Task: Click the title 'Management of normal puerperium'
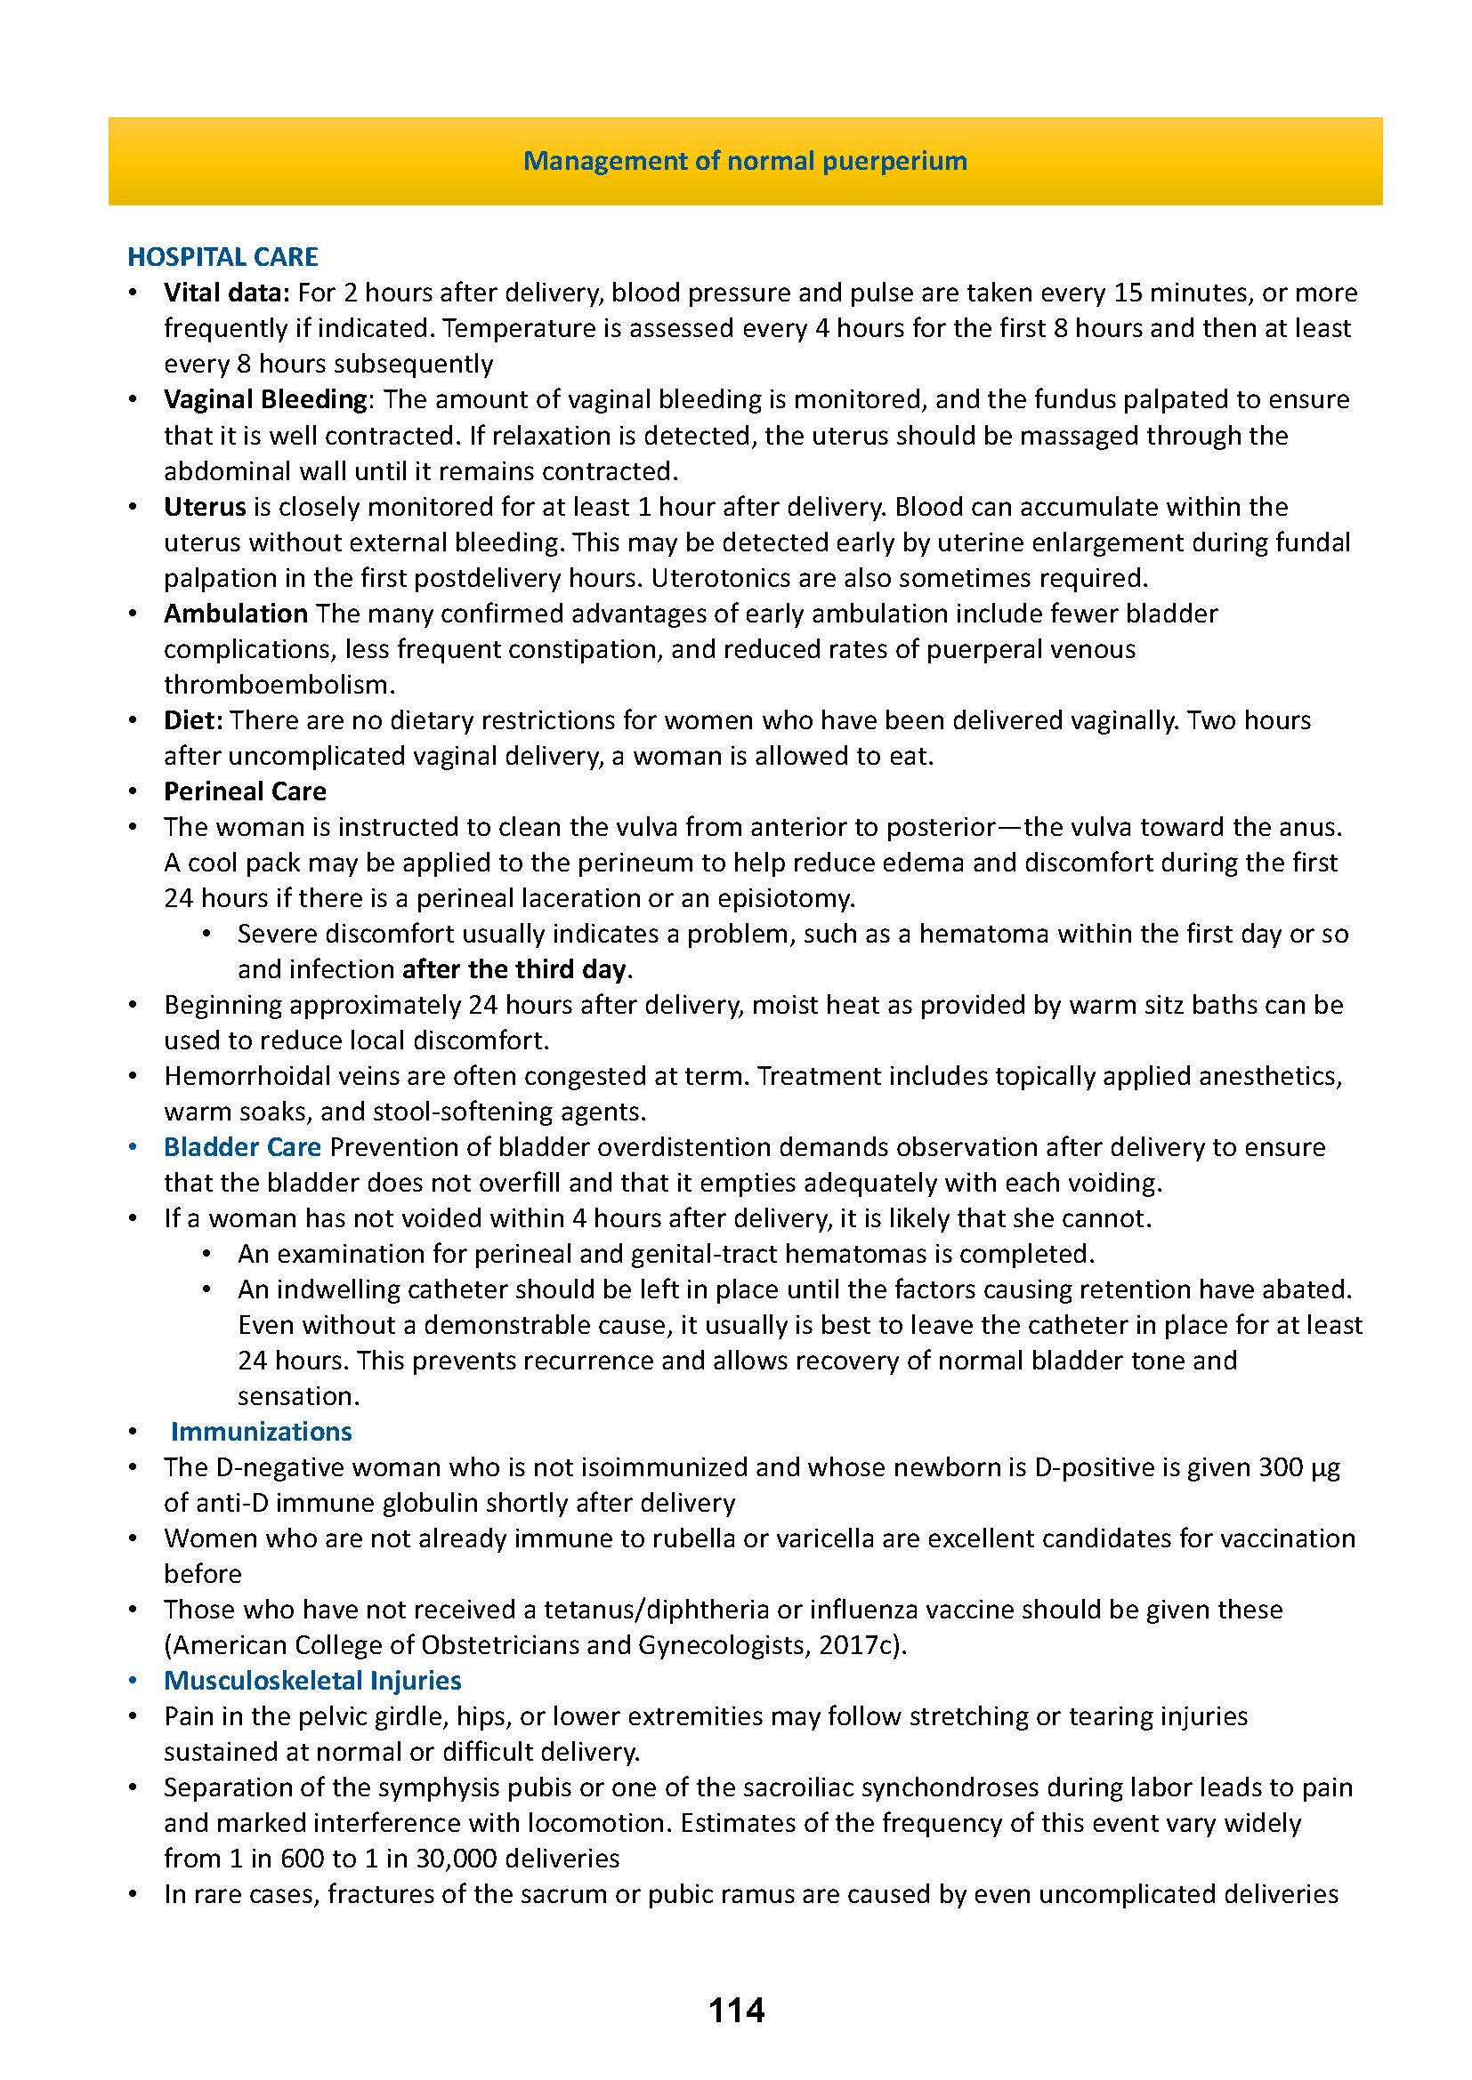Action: pos(745,161)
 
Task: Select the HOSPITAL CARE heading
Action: pos(222,257)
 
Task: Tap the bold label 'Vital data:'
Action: pos(226,293)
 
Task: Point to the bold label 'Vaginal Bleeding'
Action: pos(264,399)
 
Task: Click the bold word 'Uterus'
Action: pos(205,506)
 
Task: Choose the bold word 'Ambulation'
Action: pos(236,614)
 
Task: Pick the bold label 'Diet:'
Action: pos(193,720)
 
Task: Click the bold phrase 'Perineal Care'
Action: pos(245,791)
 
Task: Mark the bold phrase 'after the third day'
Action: pos(514,969)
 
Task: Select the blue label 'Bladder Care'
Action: pos(242,1147)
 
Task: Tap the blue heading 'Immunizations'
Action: pos(261,1432)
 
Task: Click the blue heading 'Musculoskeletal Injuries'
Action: pos(312,1681)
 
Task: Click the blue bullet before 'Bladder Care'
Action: pos(134,1147)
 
